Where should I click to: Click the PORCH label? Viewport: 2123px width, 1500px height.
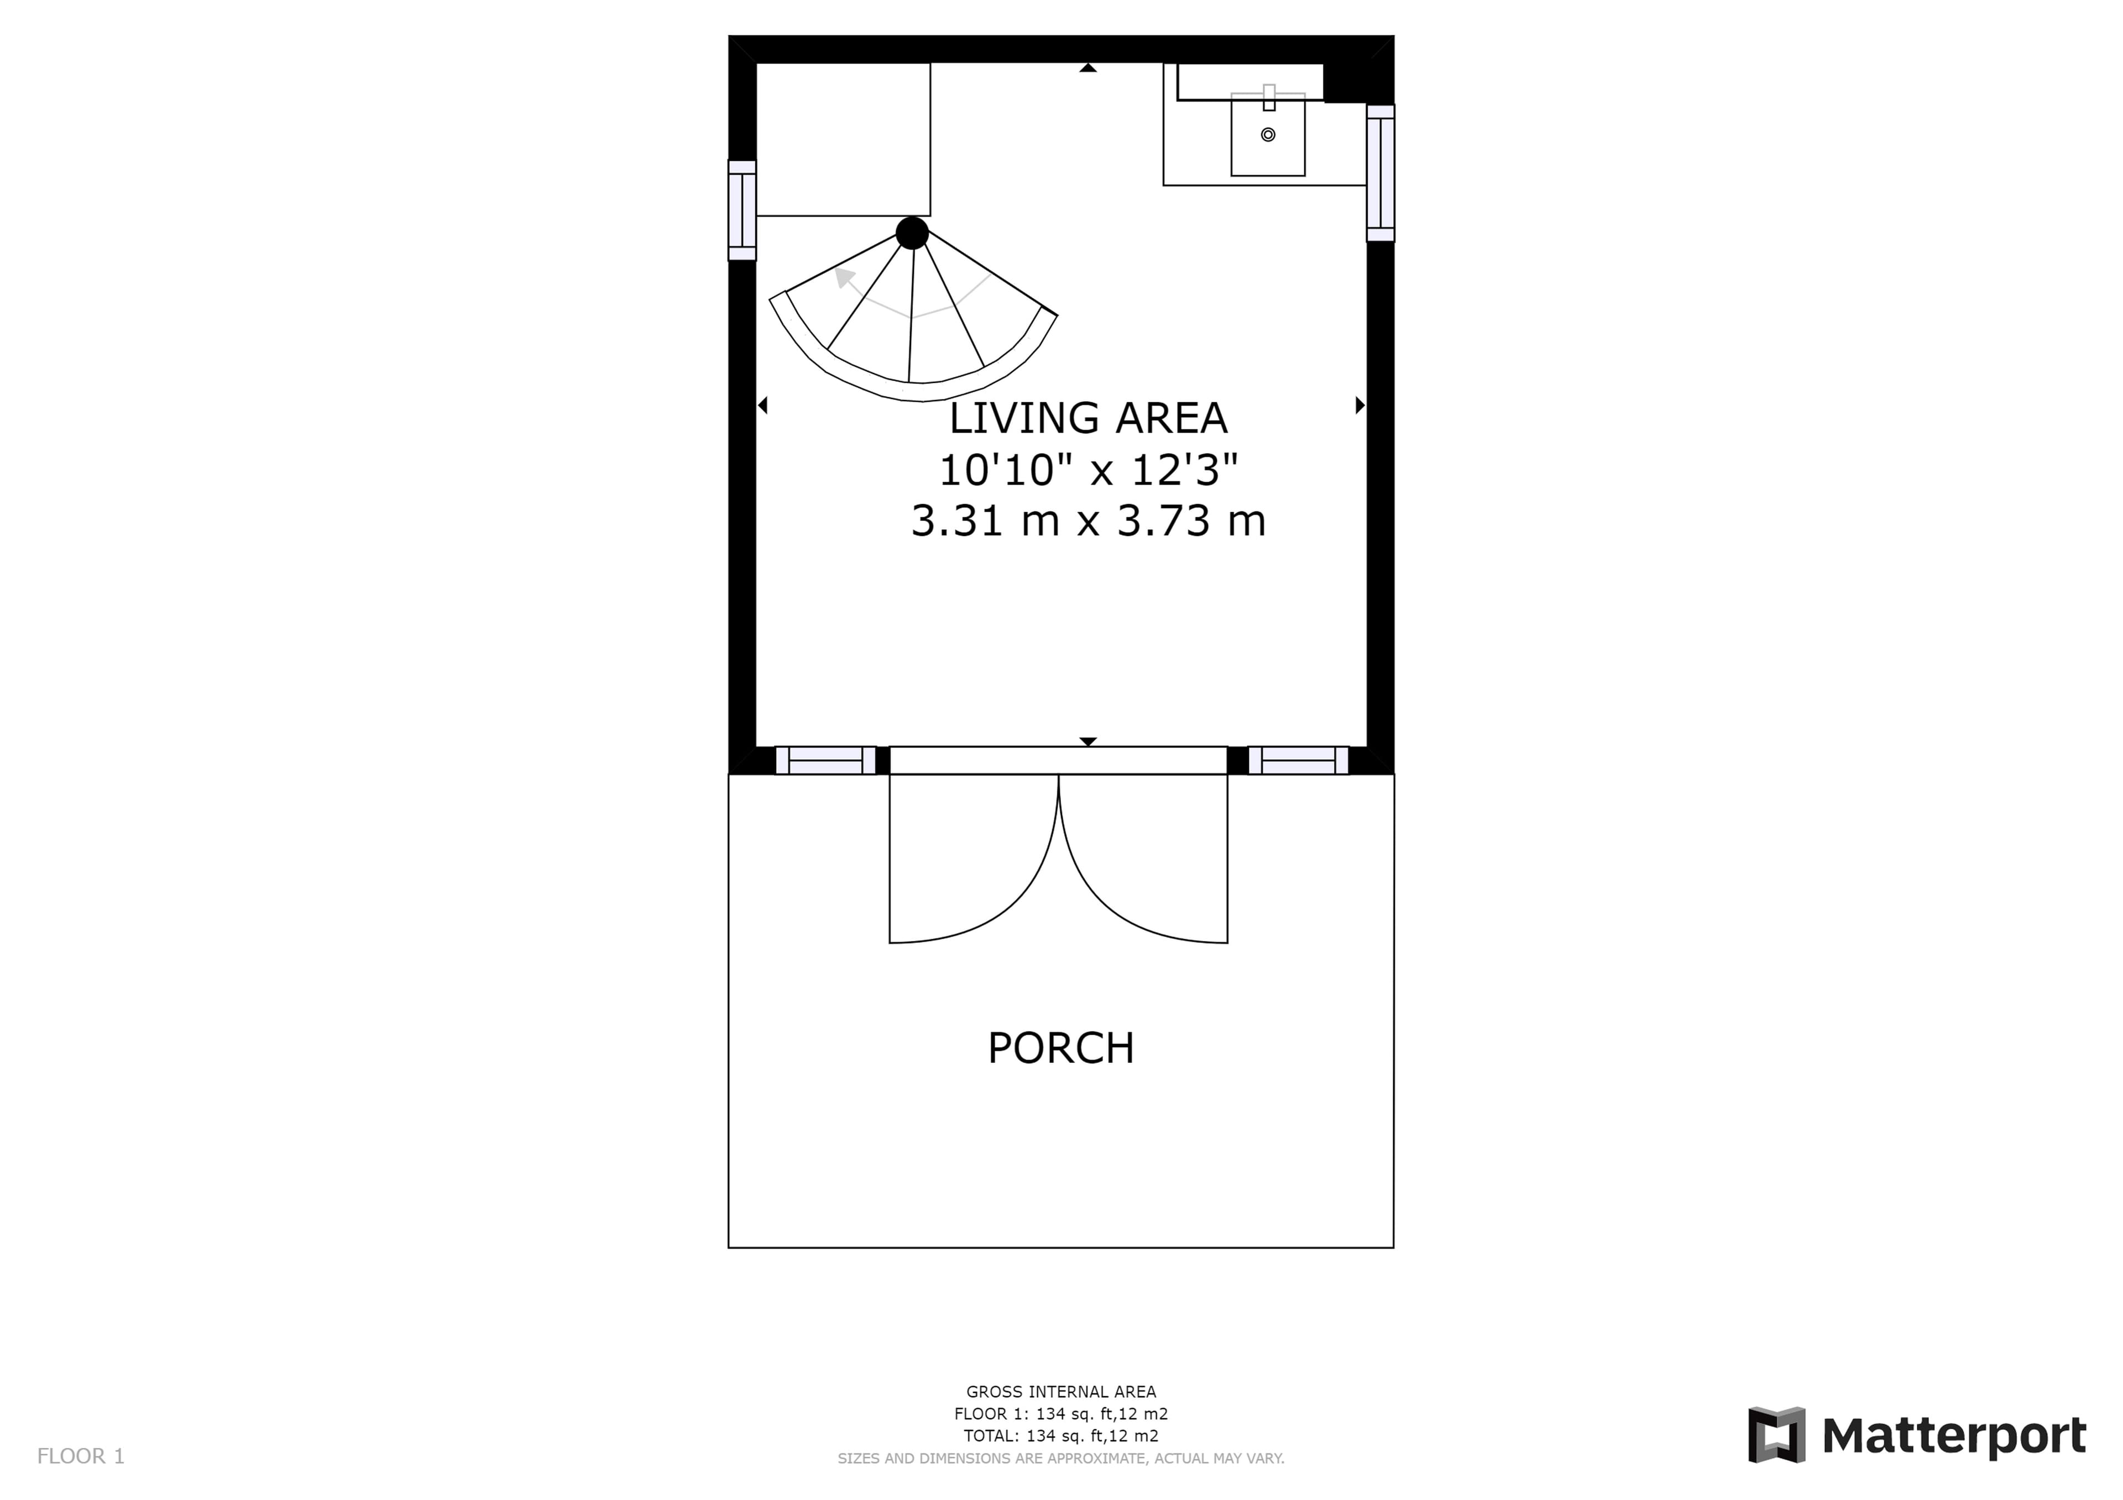[1060, 1048]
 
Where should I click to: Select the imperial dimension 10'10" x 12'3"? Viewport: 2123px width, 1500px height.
[1089, 470]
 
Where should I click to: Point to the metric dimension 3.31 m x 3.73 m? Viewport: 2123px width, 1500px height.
[1089, 520]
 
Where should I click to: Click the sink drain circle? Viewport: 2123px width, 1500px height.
[1268, 135]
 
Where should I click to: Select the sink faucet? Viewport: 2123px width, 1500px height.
[1269, 97]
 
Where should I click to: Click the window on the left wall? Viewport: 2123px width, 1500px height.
[742, 210]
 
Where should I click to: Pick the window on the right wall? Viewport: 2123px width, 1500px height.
[1381, 173]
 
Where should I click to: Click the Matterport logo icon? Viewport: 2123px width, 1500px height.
[1776, 1435]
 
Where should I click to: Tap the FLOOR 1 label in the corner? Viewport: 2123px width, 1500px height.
[81, 1456]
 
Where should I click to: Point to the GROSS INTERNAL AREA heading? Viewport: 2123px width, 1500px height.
[1060, 1392]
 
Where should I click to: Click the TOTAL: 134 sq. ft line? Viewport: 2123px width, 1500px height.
[1060, 1436]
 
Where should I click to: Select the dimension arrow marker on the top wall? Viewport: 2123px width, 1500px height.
[1089, 67]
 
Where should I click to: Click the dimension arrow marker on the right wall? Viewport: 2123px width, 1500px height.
[1360, 405]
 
